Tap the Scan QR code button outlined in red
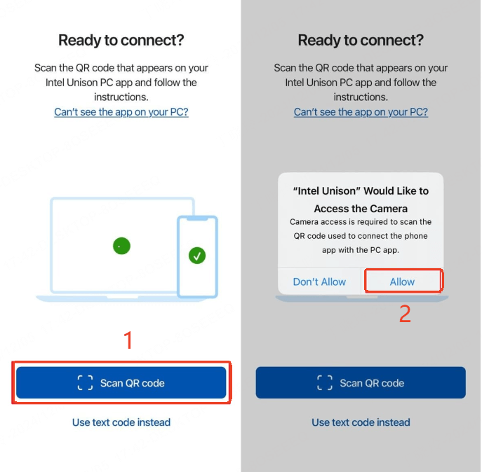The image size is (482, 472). pyautogui.click(x=121, y=383)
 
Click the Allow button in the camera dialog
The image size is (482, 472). pyautogui.click(x=402, y=282)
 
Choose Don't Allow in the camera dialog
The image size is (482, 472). pyautogui.click(x=319, y=282)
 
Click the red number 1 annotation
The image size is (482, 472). pyautogui.click(x=128, y=340)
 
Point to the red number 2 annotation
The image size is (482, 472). pyautogui.click(x=405, y=314)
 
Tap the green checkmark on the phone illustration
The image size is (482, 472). pyautogui.click(x=197, y=256)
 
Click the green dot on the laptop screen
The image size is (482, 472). pyautogui.click(x=122, y=246)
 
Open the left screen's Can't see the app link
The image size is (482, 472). pyautogui.click(x=121, y=112)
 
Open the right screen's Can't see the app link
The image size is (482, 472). pyautogui.click(x=361, y=112)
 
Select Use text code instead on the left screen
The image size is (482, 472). pyautogui.click(x=121, y=422)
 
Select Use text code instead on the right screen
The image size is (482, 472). pyautogui.click(x=361, y=422)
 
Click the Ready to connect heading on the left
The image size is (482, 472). pyautogui.click(x=121, y=40)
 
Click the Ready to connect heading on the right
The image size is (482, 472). pyautogui.click(x=361, y=40)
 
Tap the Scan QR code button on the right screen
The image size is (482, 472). pyautogui.click(x=361, y=383)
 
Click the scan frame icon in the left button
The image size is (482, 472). pyautogui.click(x=85, y=383)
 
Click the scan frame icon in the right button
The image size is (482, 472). pyautogui.click(x=325, y=383)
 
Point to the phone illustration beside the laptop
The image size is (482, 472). pyautogui.click(x=197, y=256)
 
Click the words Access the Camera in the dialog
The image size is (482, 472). pyautogui.click(x=361, y=208)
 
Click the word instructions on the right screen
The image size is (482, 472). pyautogui.click(x=361, y=97)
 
